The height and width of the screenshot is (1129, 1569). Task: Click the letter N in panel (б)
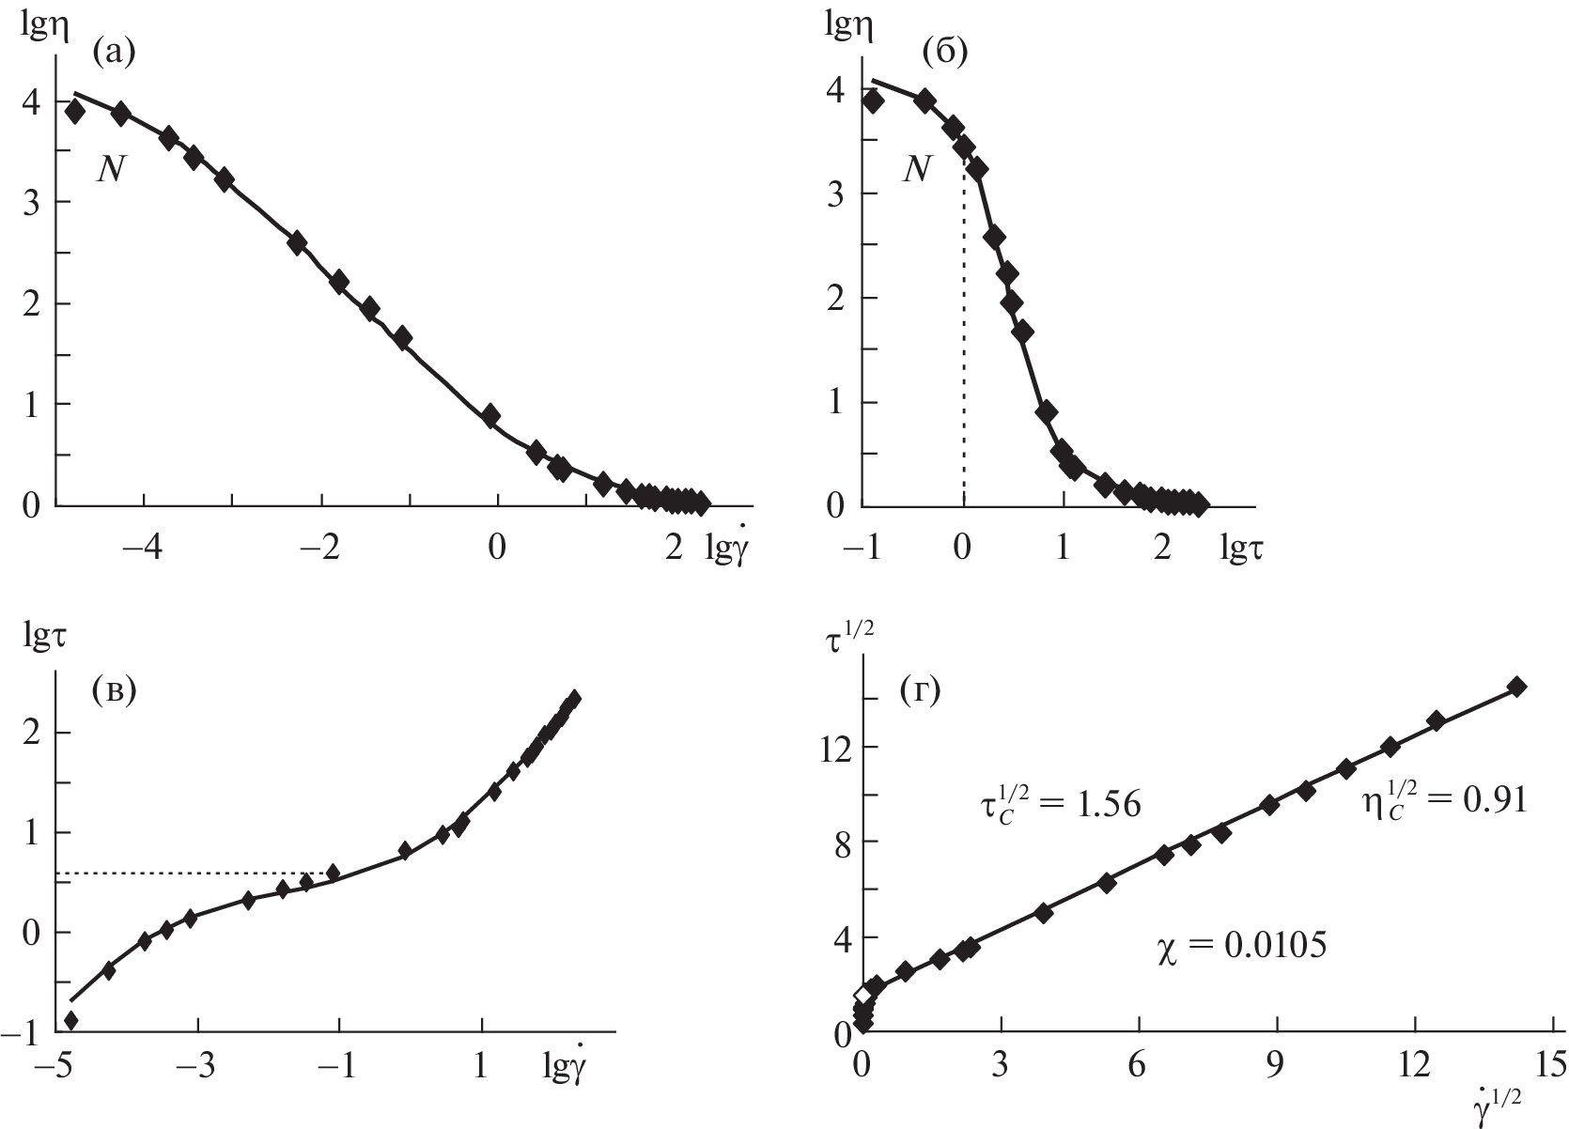(x=917, y=170)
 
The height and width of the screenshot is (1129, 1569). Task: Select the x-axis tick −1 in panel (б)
(x=864, y=549)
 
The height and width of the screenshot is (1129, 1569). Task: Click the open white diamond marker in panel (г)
(x=862, y=995)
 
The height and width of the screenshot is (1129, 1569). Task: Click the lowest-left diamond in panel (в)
(x=70, y=1021)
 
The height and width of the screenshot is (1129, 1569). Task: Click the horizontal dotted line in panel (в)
(x=188, y=874)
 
